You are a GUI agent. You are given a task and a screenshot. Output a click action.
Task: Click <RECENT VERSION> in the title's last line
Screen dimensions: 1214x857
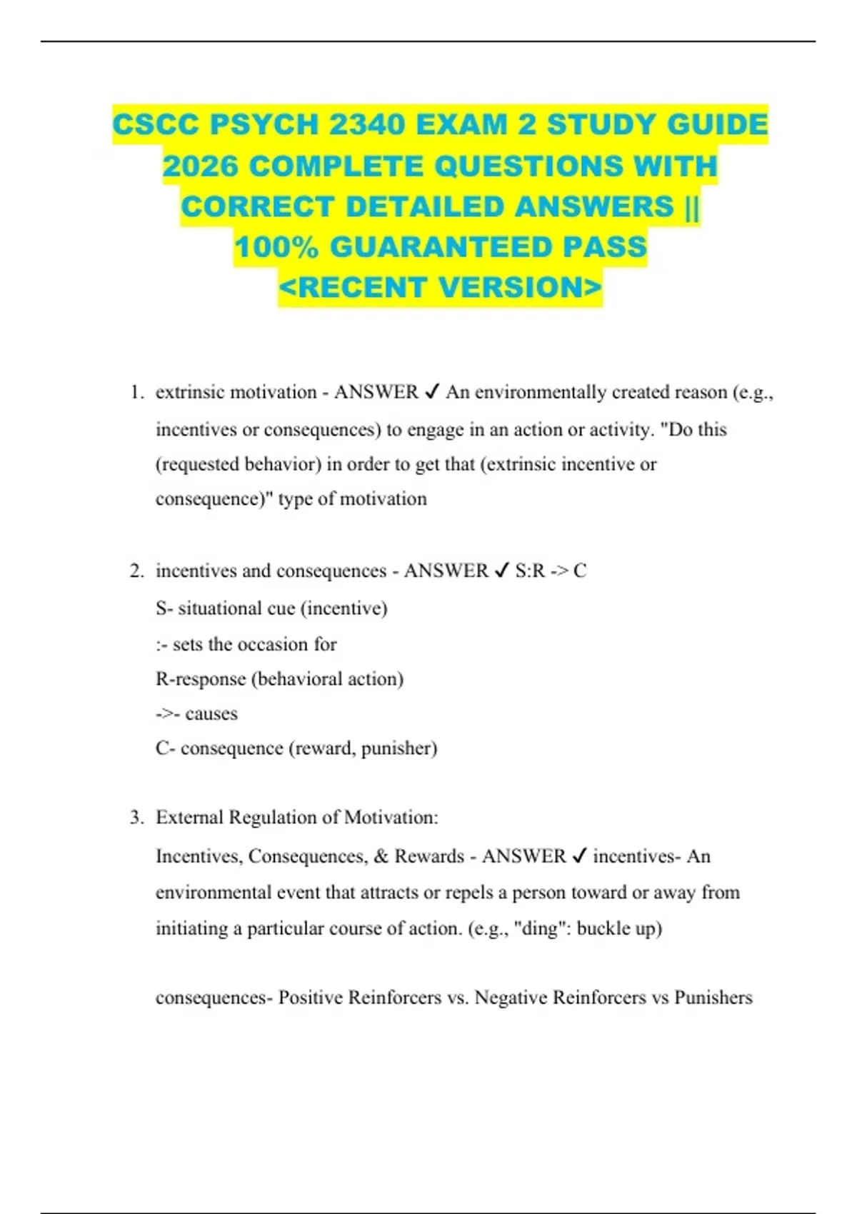pyautogui.click(x=441, y=288)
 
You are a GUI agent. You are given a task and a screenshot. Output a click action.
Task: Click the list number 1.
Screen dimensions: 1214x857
pyautogui.click(x=136, y=392)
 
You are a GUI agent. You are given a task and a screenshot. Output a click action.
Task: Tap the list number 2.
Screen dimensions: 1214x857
pyautogui.click(x=136, y=571)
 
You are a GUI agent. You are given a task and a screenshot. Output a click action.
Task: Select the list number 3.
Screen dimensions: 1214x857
pyautogui.click(x=136, y=817)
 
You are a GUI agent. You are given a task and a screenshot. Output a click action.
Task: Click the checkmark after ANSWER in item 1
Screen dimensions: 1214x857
pyautogui.click(x=432, y=392)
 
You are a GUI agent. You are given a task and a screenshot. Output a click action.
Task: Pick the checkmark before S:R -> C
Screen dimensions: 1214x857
pyautogui.click(x=502, y=571)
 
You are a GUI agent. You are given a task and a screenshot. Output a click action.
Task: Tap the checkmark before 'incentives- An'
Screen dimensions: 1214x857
pyautogui.click(x=579, y=856)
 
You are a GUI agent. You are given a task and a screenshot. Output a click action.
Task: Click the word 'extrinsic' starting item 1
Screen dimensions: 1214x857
pyautogui.click(x=188, y=392)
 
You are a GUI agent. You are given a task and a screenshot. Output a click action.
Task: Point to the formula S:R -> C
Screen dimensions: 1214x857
pyautogui.click(x=551, y=571)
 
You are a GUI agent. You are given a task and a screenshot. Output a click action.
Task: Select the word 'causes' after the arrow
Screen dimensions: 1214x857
pyautogui.click(x=211, y=713)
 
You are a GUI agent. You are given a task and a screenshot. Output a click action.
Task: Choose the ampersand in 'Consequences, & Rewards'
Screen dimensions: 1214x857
pyautogui.click(x=381, y=856)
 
